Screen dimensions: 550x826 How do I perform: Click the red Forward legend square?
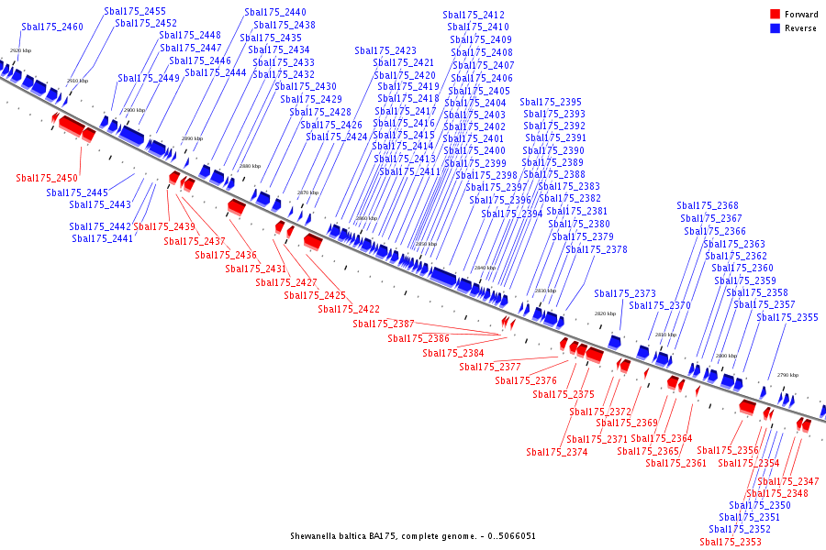[776, 15]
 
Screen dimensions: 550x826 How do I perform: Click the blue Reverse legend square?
[776, 28]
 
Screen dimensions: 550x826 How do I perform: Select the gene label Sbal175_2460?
[52, 27]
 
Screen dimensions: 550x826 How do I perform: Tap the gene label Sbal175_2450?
[47, 178]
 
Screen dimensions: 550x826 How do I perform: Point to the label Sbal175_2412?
[474, 16]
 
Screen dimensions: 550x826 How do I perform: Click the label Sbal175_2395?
[551, 103]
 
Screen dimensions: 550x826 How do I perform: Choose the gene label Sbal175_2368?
[708, 206]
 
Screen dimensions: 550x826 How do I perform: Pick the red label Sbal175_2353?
[731, 543]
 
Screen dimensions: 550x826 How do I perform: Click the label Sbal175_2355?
[787, 318]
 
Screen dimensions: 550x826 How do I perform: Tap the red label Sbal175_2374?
[557, 453]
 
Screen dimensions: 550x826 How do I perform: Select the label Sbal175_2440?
[275, 13]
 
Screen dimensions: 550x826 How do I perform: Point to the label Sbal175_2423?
[385, 51]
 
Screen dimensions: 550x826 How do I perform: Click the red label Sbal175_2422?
[349, 310]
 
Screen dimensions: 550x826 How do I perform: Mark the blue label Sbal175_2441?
[103, 239]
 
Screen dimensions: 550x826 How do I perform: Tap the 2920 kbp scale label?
[20, 50]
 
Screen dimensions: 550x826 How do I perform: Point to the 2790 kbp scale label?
[787, 375]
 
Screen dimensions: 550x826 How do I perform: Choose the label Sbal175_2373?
[625, 294]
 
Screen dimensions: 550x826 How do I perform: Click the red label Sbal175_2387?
[384, 324]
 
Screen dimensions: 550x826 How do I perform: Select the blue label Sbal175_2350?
[760, 506]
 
